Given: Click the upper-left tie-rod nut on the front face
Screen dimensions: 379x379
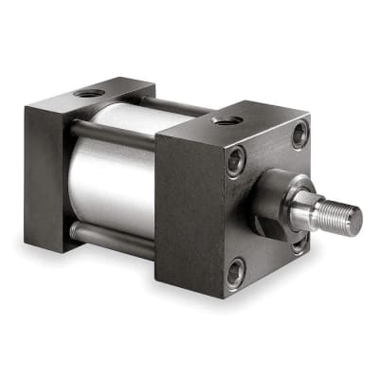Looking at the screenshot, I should pos(236,161).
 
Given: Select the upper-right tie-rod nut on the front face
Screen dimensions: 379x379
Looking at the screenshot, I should pos(298,135).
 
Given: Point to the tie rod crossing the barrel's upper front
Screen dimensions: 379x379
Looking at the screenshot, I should pos(114,132).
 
